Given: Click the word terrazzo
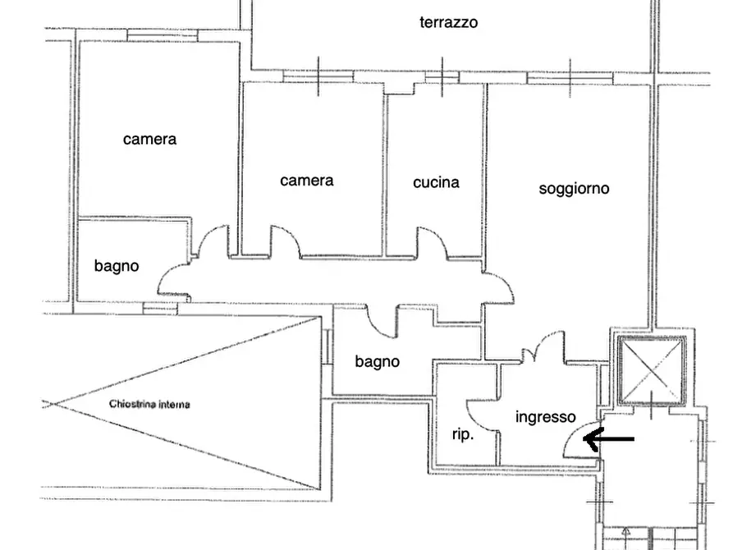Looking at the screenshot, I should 448,22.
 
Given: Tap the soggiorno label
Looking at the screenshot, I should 574,189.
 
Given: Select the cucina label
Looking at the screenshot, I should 436,182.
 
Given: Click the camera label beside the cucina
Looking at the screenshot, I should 306,181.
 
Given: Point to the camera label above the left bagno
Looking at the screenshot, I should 149,139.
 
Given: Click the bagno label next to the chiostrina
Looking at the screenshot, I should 377,361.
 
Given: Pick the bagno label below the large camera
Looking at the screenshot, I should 117,266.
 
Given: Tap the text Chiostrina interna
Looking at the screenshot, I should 149,405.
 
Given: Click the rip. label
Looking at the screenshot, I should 463,435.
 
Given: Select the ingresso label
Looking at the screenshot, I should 545,417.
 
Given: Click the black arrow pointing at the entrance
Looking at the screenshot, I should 608,440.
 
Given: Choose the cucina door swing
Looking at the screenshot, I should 430,241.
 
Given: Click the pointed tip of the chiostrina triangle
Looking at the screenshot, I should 48,404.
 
